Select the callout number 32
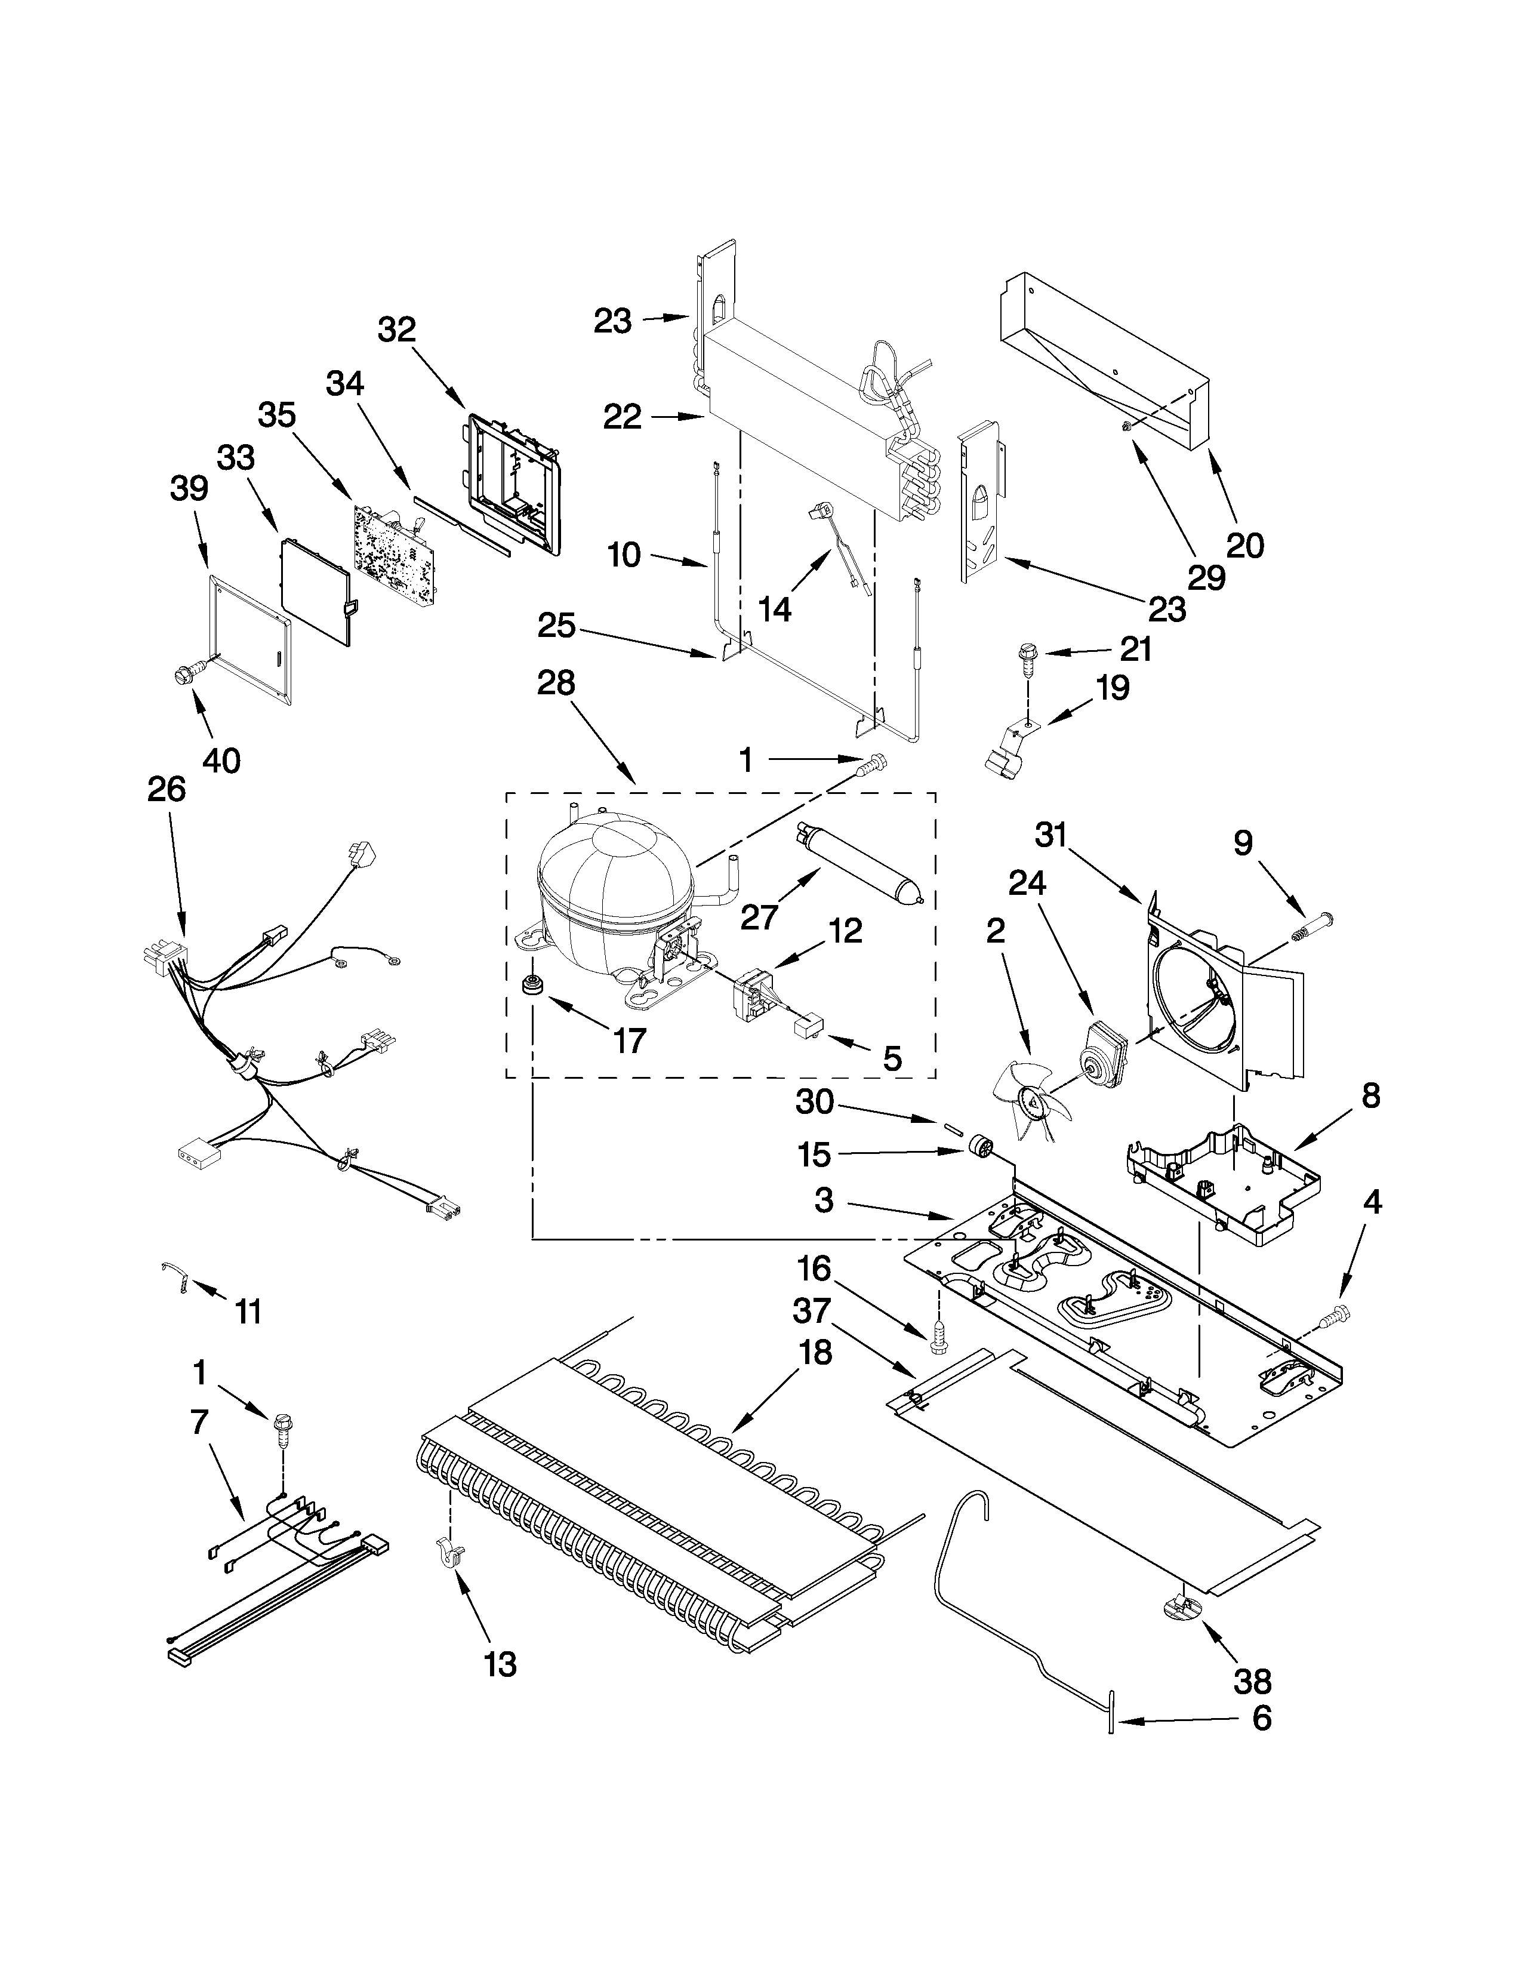point(397,330)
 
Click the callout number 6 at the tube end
point(1261,1718)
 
